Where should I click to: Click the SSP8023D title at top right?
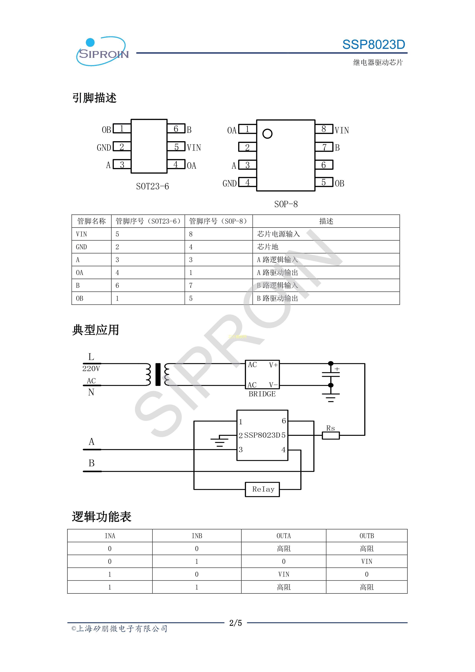point(374,44)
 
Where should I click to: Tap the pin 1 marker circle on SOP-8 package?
point(267,134)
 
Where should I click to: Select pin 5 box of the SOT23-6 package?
point(176,147)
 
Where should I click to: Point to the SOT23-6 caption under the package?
point(152,186)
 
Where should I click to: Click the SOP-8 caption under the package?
point(286,204)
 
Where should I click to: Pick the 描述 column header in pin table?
point(326,221)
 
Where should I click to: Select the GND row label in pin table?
point(81,247)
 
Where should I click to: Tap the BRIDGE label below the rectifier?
point(262,394)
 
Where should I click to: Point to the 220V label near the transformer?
point(91,369)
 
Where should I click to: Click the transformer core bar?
point(158,375)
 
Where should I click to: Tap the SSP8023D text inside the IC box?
point(262,435)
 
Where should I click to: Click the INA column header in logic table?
point(110,536)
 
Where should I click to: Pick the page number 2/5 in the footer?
point(235,623)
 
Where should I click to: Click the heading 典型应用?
point(96,330)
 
